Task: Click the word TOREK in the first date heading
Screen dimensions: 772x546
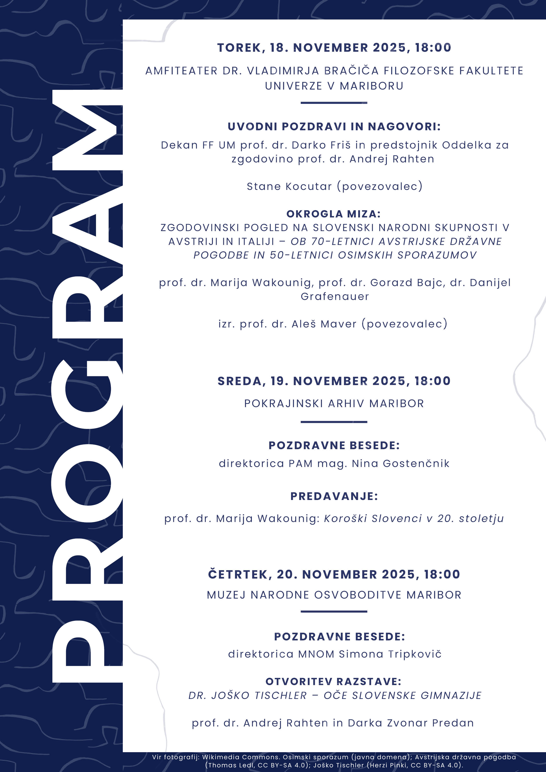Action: (239, 48)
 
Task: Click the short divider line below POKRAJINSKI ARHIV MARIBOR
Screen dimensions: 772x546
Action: (334, 422)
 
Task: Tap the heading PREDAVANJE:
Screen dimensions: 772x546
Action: (334, 496)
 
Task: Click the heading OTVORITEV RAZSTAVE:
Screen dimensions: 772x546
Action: (333, 682)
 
